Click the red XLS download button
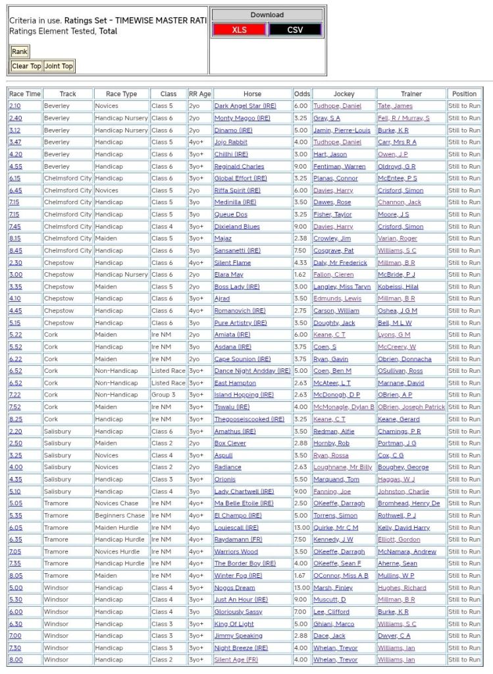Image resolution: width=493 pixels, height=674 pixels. tap(240, 30)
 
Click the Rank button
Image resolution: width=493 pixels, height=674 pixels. tap(20, 51)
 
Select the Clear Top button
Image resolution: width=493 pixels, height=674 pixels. tap(26, 66)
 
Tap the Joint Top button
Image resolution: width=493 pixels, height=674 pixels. tap(59, 66)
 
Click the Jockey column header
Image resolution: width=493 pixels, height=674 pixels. tap(344, 94)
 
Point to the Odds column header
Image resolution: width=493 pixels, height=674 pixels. tap(302, 94)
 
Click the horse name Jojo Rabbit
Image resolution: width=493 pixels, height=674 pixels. tap(230, 142)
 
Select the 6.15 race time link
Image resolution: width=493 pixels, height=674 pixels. tap(14, 179)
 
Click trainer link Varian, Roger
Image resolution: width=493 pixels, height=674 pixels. tap(397, 239)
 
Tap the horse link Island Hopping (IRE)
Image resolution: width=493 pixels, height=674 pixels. tap(244, 395)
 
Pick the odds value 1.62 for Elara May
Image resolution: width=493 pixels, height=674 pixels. tap(301, 275)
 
